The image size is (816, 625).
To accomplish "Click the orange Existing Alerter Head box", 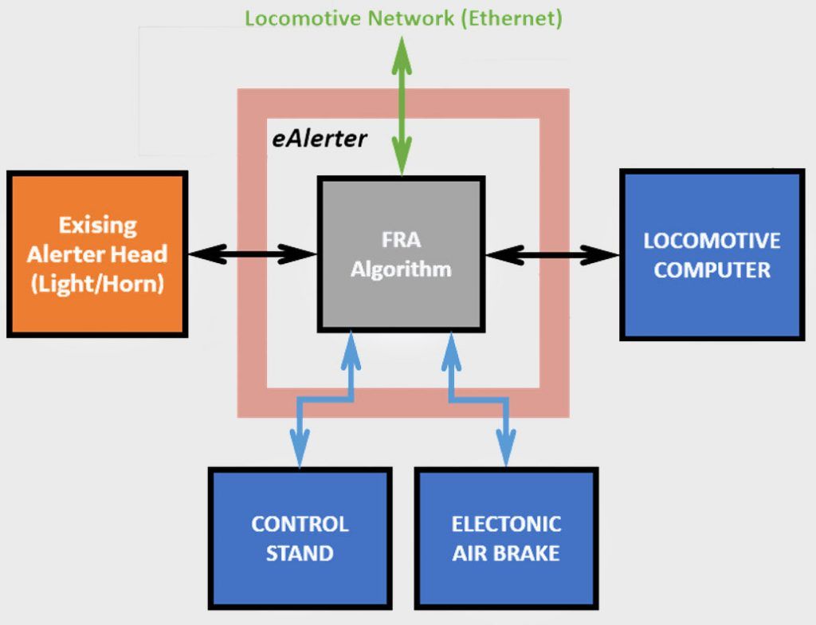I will (x=97, y=254).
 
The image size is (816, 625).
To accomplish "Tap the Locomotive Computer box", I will (x=712, y=255).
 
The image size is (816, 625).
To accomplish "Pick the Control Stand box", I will (x=300, y=538).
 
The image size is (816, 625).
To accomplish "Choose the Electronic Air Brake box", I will (x=506, y=538).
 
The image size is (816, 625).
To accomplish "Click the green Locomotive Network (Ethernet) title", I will (x=403, y=18).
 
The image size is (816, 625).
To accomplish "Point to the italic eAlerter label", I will (x=319, y=139).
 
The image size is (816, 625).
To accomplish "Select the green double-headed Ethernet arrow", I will (x=401, y=104).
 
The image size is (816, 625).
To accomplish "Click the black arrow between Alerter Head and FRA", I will (x=252, y=254).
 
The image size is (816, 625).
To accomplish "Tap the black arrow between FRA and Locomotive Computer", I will (x=551, y=255).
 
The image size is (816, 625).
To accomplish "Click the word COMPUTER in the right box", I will (x=712, y=269).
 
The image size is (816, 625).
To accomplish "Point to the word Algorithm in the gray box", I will (x=401, y=269).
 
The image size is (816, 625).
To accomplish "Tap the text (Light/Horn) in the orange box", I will (x=97, y=284).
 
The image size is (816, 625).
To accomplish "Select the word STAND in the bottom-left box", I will (x=300, y=552).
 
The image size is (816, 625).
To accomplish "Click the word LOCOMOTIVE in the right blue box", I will (x=712, y=241).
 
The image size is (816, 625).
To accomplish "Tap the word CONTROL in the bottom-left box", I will (x=300, y=524).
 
